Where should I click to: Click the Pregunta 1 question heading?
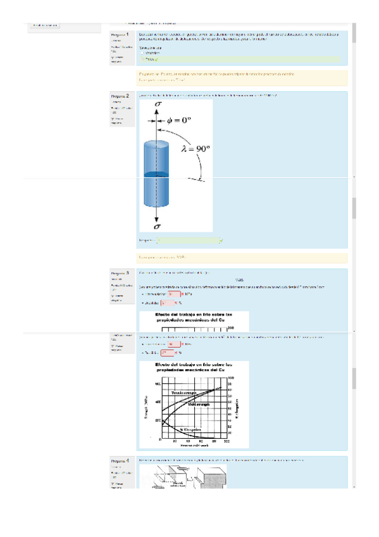point(120,34)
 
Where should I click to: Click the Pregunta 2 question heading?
point(120,96)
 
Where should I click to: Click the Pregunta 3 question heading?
point(120,274)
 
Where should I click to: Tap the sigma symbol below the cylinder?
point(157,225)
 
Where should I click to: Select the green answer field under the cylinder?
point(189,241)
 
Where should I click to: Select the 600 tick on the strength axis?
point(158,384)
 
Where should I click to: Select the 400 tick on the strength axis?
point(158,401)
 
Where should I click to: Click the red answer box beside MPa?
point(167,344)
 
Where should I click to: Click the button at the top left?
point(45,25)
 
